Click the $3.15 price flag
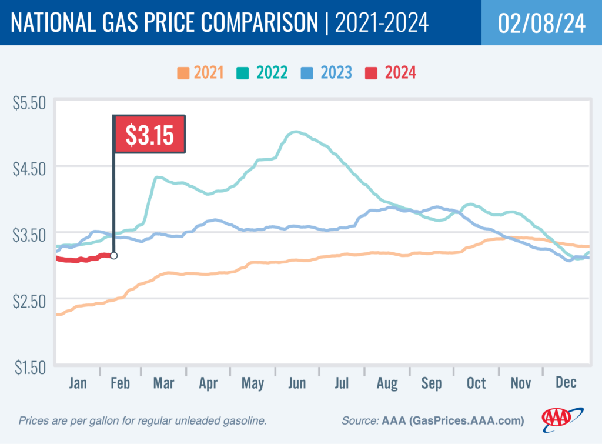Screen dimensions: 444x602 (149, 135)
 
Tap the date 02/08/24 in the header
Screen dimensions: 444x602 (541, 23)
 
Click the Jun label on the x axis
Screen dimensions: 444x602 (297, 383)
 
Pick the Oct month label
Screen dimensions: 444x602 (476, 383)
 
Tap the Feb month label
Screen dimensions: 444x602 (119, 383)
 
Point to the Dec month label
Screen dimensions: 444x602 (566, 383)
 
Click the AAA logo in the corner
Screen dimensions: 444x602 (562, 418)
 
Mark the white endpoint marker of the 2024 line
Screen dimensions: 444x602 (113, 256)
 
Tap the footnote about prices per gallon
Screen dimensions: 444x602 (143, 421)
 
